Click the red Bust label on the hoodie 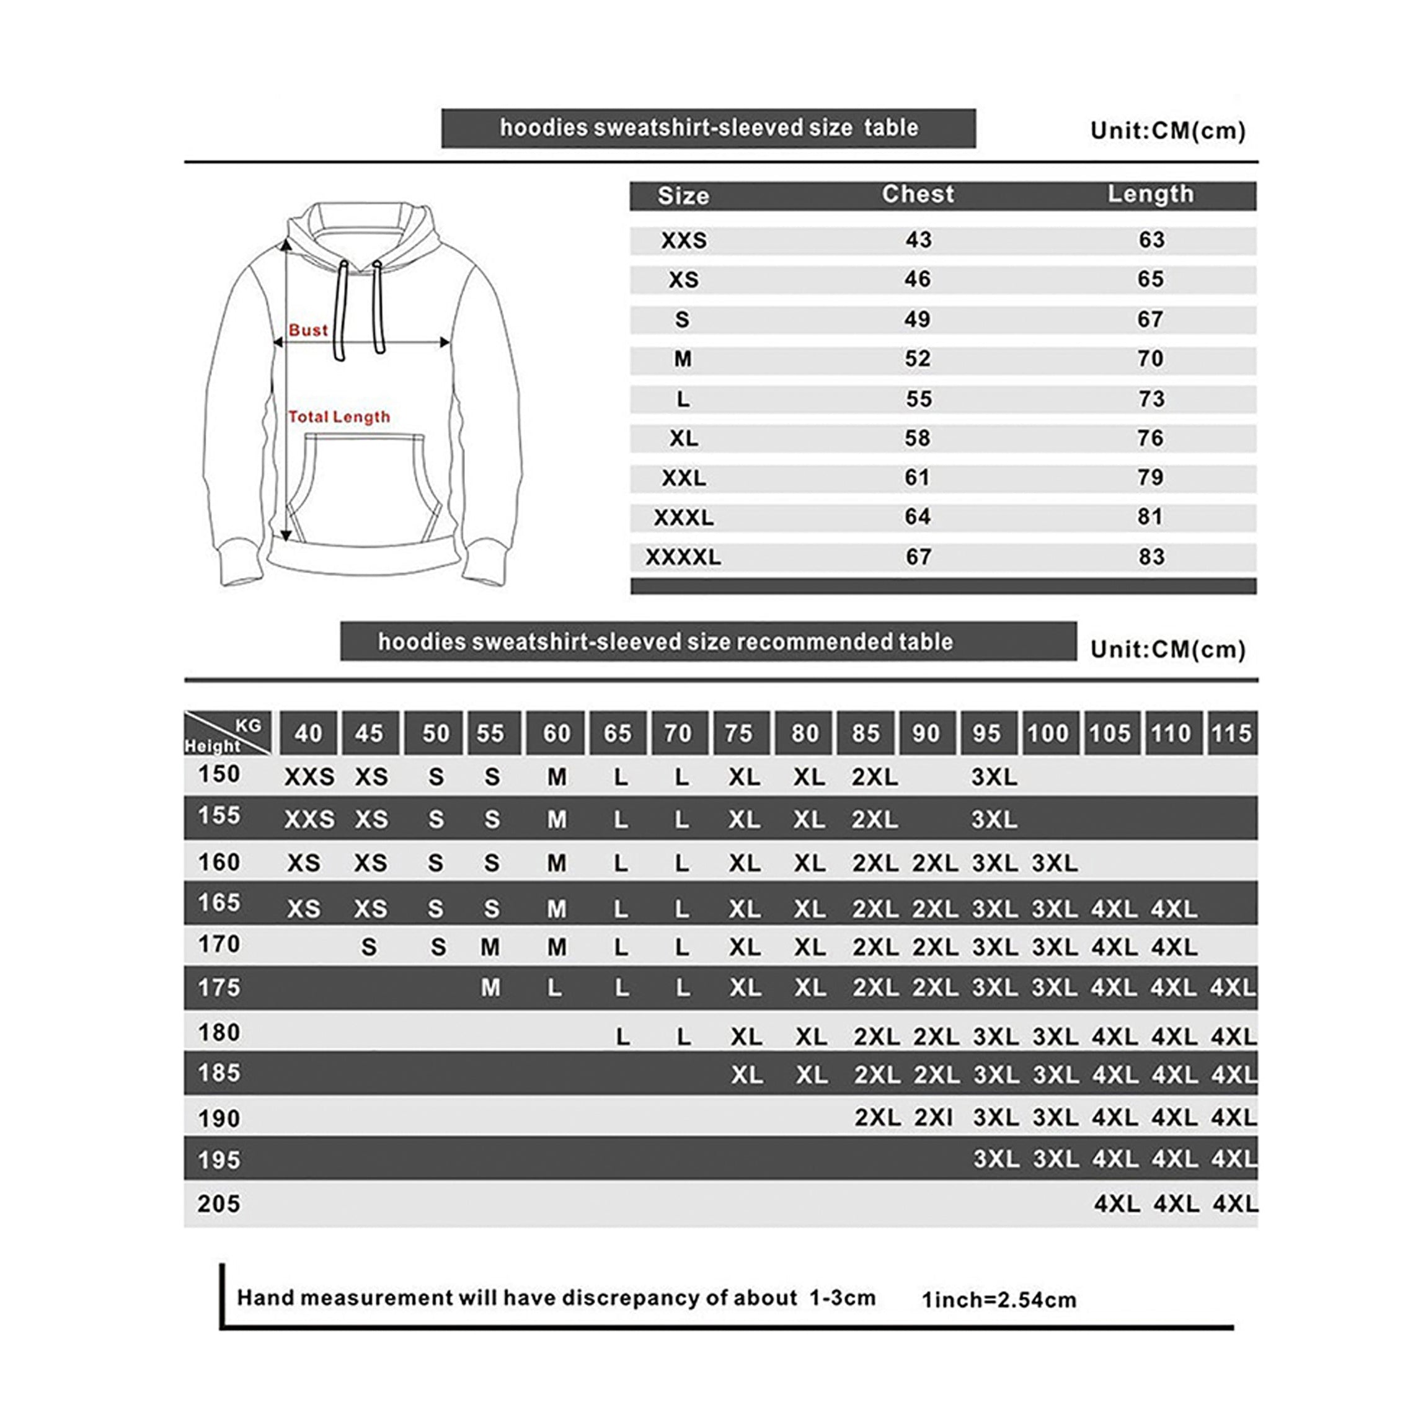coord(308,330)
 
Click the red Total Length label coord(339,417)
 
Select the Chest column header coord(918,194)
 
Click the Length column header coord(1150,194)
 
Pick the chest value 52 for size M coord(918,360)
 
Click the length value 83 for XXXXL coord(1151,557)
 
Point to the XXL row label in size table coord(683,478)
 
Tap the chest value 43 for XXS coord(918,240)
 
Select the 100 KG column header coord(1047,733)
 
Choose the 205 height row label coord(219,1204)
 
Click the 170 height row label coord(219,944)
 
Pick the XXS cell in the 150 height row coord(309,777)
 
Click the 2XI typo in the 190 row coord(934,1117)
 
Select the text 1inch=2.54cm coord(999,1299)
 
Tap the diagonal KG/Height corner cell coord(228,733)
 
